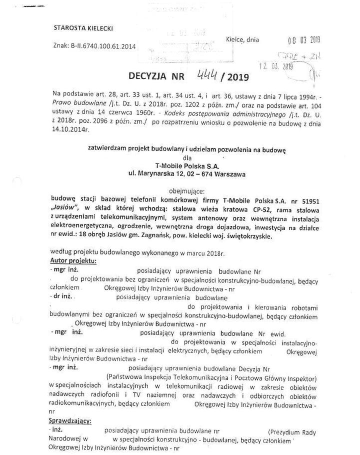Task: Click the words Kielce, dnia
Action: coord(242,39)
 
